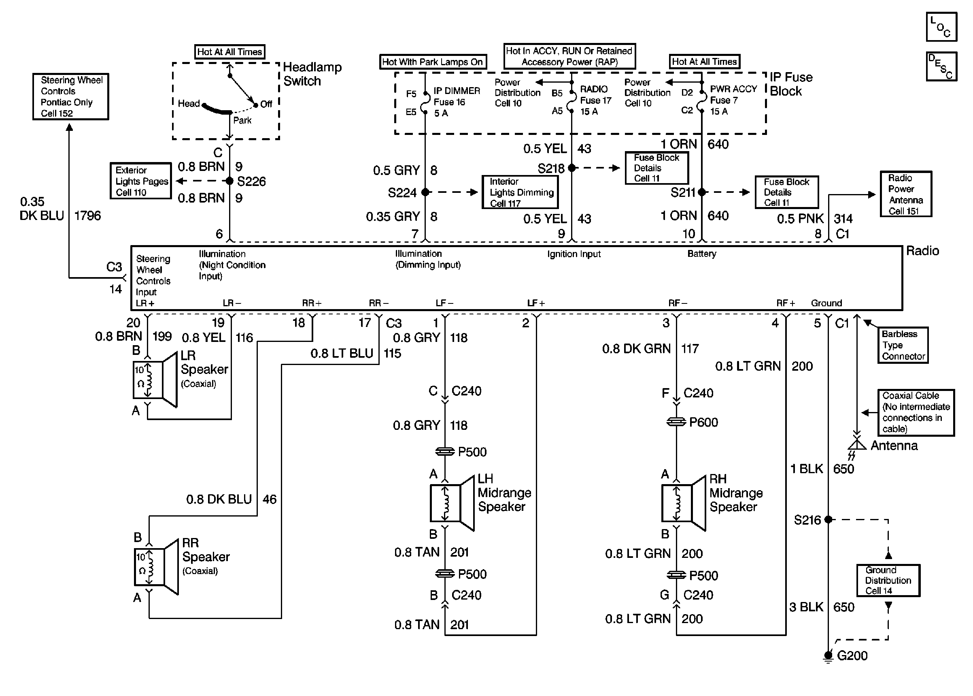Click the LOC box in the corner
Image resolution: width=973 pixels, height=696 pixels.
tap(941, 27)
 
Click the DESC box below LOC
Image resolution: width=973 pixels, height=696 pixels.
tap(941, 66)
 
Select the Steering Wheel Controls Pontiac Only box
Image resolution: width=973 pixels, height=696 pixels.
tap(71, 96)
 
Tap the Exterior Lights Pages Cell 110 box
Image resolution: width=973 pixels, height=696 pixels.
tap(141, 180)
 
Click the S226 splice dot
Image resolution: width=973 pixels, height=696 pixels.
tap(229, 181)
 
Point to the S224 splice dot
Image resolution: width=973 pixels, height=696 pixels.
tap(425, 192)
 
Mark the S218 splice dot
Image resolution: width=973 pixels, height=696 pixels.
tap(572, 168)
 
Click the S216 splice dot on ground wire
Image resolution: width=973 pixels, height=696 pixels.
tap(829, 519)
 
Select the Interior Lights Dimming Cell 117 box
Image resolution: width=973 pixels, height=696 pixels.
tap(520, 192)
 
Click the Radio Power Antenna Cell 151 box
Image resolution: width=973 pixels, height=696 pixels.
tap(906, 194)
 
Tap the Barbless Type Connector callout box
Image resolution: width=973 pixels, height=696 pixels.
tap(903, 345)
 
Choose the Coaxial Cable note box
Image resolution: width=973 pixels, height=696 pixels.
tap(916, 412)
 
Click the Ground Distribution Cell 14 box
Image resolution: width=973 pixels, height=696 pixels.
tap(888, 580)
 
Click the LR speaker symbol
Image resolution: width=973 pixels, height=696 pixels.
tap(155, 380)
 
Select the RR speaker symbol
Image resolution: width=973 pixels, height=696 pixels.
tap(156, 567)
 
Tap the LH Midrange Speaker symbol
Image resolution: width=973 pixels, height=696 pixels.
tap(452, 503)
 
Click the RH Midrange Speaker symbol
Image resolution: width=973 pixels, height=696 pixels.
tap(684, 503)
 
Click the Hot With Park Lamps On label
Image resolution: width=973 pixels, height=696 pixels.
tap(432, 62)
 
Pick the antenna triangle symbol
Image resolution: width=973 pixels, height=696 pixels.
tap(856, 444)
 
